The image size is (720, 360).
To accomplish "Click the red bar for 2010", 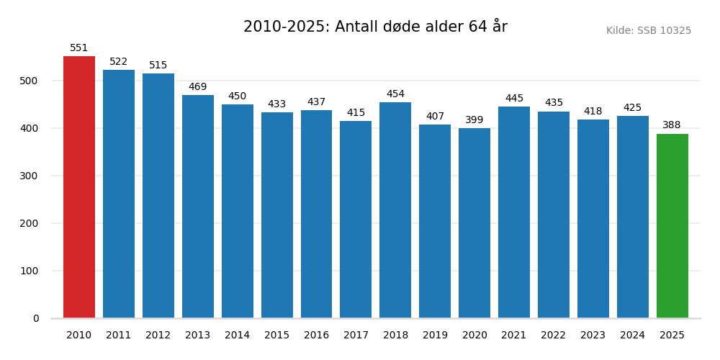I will click(79, 187).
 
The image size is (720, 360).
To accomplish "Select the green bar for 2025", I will click(672, 226).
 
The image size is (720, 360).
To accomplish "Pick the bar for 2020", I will click(474, 223).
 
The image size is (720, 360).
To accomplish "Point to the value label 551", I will click(79, 48).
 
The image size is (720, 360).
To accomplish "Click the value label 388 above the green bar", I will click(672, 125).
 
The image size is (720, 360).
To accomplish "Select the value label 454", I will click(395, 94).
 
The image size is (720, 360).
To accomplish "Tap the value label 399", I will click(474, 120).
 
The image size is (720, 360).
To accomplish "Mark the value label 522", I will click(119, 62).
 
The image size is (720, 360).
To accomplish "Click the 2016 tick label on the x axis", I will click(316, 336).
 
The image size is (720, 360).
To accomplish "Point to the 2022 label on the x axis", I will click(554, 336).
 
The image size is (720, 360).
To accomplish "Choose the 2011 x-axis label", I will click(119, 336).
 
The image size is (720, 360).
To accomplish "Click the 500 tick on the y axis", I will click(30, 81).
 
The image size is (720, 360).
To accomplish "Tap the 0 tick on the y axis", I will click(36, 318).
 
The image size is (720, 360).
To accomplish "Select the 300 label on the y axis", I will click(30, 176).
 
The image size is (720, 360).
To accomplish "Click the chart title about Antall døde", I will click(375, 27).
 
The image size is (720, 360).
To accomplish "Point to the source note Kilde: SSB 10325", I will click(648, 31).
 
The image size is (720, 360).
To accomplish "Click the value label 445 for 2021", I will click(514, 99).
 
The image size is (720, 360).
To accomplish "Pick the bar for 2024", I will click(632, 217).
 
